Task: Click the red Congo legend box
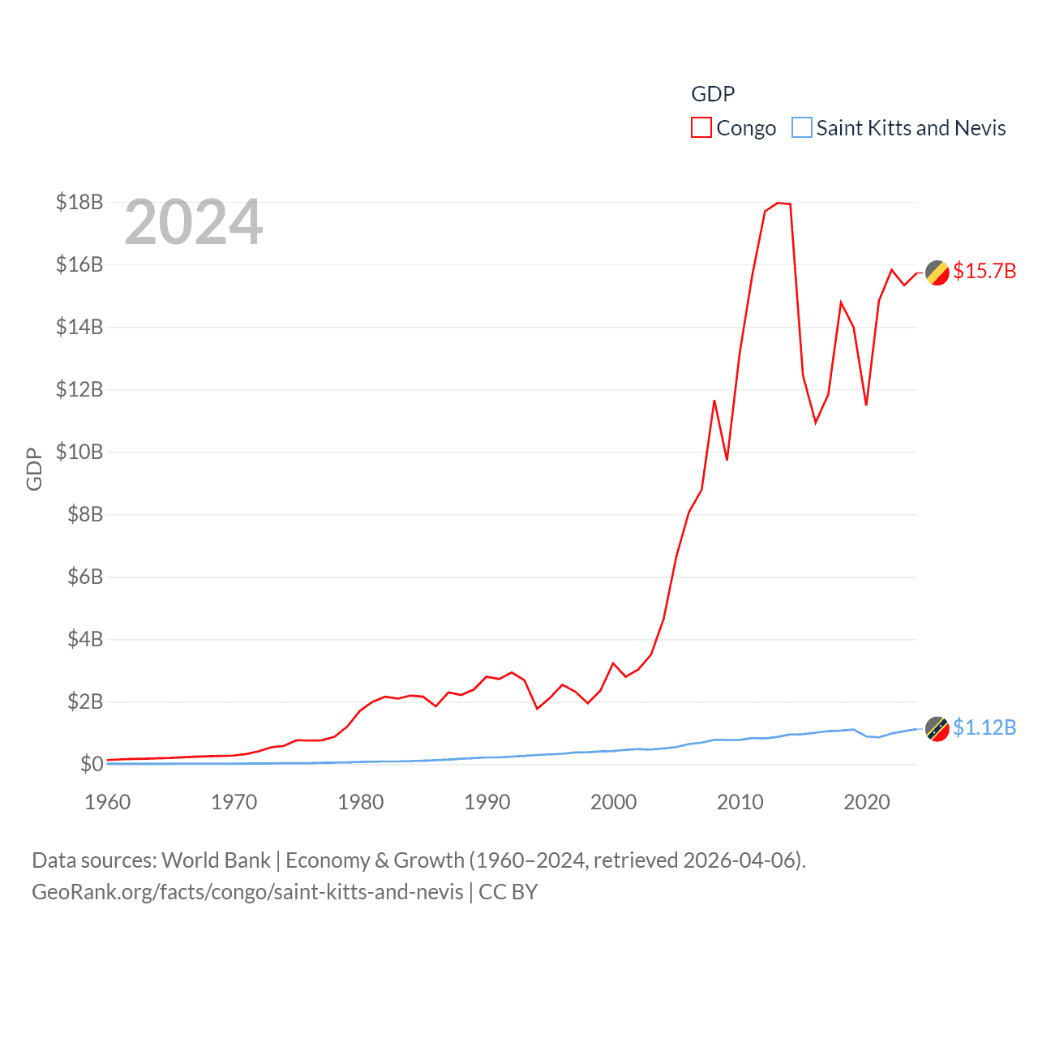coord(701,128)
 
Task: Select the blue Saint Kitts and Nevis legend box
coord(801,128)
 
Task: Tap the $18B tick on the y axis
coord(79,202)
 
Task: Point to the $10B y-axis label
coord(79,452)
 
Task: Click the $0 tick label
coord(91,764)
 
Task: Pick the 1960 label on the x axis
coord(108,802)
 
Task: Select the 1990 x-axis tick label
coord(487,802)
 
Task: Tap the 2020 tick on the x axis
coord(867,802)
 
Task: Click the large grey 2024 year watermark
coord(194,222)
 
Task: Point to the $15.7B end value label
coord(984,271)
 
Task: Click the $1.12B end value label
coord(984,727)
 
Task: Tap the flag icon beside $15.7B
coord(937,273)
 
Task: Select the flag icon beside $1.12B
coord(937,729)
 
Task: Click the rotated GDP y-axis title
coord(34,469)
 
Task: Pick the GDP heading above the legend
coord(713,94)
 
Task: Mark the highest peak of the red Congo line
coord(778,203)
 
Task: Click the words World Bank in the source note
coord(217,860)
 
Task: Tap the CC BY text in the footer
coord(508,892)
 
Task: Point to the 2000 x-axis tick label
coord(614,802)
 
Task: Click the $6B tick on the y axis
coord(85,577)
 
